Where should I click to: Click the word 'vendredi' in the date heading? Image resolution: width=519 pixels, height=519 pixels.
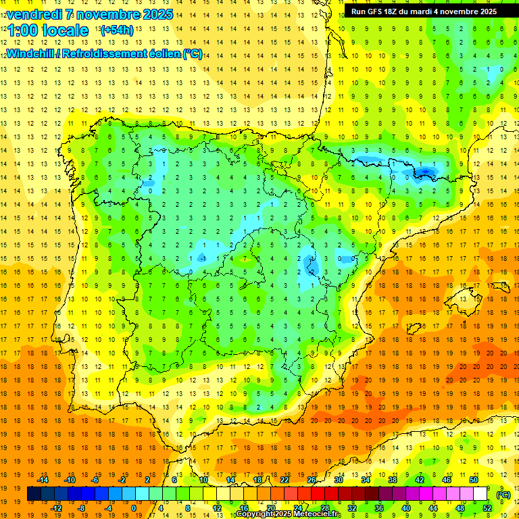(32, 14)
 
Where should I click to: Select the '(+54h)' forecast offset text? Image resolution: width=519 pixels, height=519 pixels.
(116, 30)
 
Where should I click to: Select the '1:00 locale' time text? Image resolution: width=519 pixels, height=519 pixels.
(47, 30)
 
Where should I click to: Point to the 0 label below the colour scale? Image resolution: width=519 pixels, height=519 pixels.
(134, 508)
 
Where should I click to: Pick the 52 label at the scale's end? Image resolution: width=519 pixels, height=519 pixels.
(487, 508)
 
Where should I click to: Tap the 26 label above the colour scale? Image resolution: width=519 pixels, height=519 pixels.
(312, 480)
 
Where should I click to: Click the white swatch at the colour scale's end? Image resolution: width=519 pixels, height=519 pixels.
(480, 494)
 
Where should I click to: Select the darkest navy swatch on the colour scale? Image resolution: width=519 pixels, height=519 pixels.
(34, 494)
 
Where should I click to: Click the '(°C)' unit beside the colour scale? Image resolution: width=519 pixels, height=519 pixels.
(503, 494)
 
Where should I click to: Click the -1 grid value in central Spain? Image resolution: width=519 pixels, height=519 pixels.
(202, 259)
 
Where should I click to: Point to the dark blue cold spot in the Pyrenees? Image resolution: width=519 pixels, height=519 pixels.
(424, 173)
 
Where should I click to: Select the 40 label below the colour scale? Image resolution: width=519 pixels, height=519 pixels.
(406, 508)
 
